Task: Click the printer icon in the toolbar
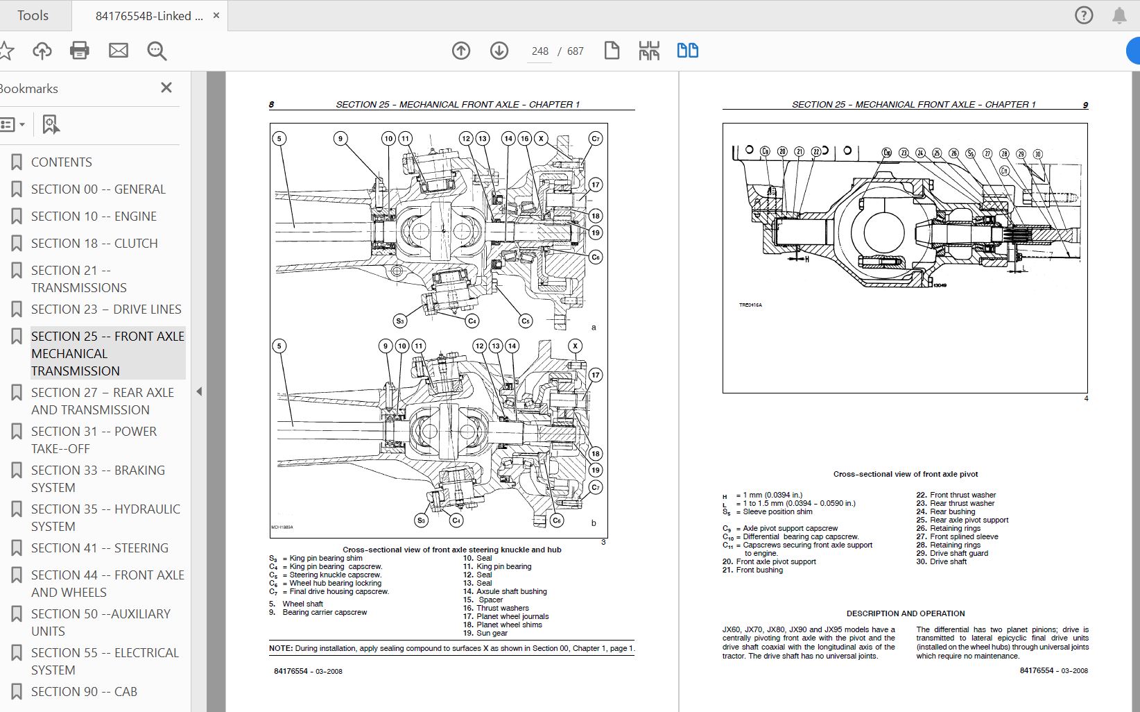80,51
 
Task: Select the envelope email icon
119,51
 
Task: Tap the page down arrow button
499,51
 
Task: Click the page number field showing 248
539,51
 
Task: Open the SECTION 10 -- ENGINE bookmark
94,217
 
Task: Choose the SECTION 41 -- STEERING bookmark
99,548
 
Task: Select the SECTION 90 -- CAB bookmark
84,692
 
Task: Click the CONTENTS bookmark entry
61,162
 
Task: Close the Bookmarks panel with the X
166,87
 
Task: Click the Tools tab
33,15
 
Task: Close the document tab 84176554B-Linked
216,15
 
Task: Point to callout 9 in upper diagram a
340,139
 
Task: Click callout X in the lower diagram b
575,346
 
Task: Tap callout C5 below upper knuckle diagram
526,321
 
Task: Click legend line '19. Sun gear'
485,633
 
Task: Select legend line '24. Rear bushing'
946,511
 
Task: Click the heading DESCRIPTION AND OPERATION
905,613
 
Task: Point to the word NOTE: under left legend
281,648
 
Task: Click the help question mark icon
1084,15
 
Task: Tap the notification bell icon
1119,15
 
